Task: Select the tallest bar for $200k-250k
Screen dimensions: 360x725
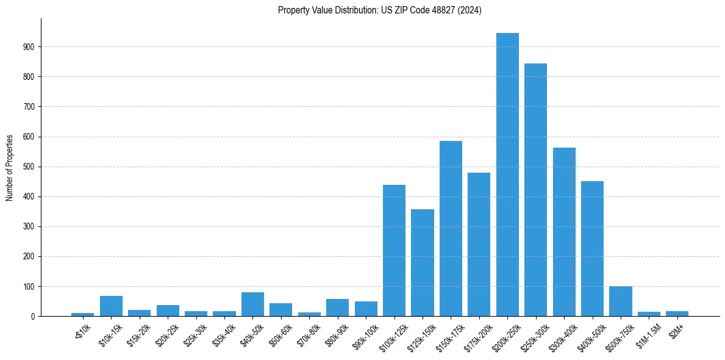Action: point(507,175)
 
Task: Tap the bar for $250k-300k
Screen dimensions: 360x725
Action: point(535,190)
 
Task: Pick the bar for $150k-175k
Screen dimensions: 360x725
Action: point(451,229)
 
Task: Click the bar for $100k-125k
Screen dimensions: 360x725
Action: point(394,251)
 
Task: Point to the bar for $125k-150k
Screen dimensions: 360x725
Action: point(423,263)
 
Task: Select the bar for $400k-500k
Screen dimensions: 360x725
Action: point(592,249)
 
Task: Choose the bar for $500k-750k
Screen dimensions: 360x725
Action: point(620,301)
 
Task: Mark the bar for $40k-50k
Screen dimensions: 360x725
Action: point(252,304)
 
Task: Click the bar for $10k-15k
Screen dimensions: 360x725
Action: point(111,306)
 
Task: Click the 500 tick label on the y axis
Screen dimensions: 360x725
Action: point(30,167)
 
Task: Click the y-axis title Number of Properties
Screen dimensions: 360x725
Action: point(10,168)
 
